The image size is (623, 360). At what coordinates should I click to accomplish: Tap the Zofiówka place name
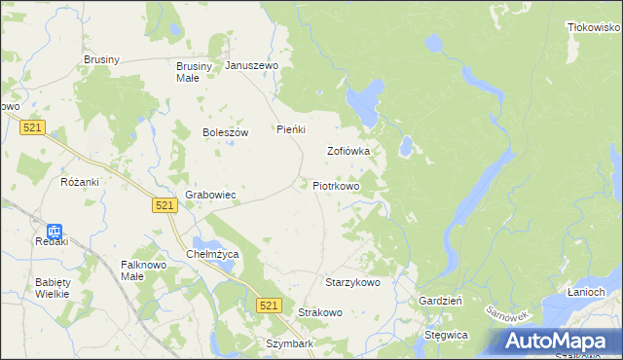pos(348,152)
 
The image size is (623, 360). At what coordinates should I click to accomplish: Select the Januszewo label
pos(252,66)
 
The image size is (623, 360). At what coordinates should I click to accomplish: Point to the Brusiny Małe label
pos(187,72)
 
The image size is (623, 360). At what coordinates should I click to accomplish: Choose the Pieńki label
pos(292,129)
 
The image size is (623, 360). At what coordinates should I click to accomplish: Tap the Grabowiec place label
pos(211,195)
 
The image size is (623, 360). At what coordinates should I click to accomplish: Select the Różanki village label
pos(80,182)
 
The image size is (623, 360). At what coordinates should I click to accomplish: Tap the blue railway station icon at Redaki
pos(55,232)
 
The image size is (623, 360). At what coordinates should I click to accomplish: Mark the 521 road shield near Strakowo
pos(271,306)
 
